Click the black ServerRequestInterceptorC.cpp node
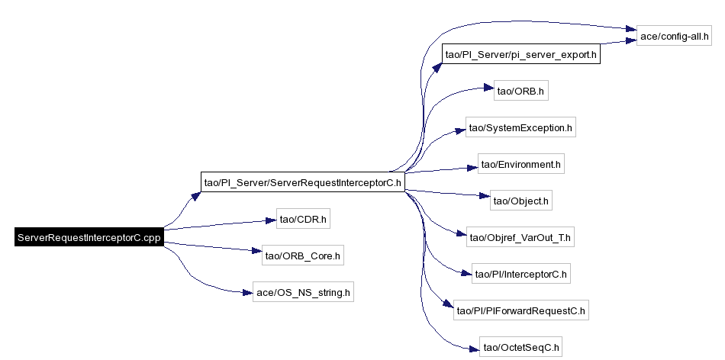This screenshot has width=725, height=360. pos(89,237)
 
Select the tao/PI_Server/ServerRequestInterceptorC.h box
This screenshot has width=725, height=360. pos(303,182)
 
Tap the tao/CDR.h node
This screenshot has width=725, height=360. pos(303,219)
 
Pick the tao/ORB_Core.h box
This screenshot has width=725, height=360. pos(303,255)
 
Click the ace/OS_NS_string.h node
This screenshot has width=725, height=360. pos(303,292)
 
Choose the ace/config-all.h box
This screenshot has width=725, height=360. pos(674,36)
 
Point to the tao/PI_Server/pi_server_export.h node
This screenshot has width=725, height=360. pos(521,54)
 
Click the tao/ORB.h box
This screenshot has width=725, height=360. pos(521,91)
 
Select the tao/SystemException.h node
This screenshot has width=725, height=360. pos(521,127)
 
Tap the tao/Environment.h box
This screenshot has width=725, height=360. pos(521,164)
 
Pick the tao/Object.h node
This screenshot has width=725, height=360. pos(521,201)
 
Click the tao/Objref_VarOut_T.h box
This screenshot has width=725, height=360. pos(520,237)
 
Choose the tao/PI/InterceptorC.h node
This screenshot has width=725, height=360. pos(521,274)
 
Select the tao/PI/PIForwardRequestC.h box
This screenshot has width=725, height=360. pos(521,310)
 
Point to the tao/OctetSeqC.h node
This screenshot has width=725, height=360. pos(521,347)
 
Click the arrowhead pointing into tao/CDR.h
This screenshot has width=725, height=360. pos(270,220)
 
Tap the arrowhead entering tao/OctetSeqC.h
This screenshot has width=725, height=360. pos(473,349)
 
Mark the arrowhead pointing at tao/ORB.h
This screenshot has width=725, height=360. pos(488,88)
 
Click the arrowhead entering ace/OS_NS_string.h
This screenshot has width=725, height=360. pos(247,292)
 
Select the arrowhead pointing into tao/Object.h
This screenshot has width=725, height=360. pos(485,197)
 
